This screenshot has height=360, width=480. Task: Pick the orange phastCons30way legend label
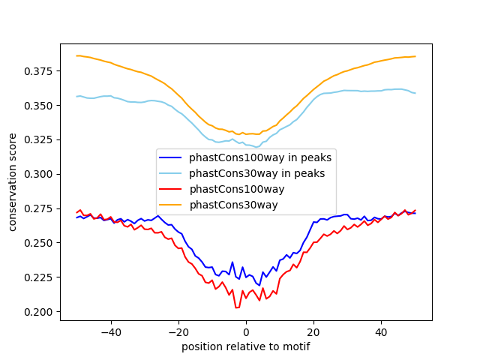[x=233, y=205]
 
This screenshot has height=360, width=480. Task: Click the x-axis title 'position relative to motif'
[x=245, y=346]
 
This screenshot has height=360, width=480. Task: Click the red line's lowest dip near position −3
[x=236, y=307]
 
